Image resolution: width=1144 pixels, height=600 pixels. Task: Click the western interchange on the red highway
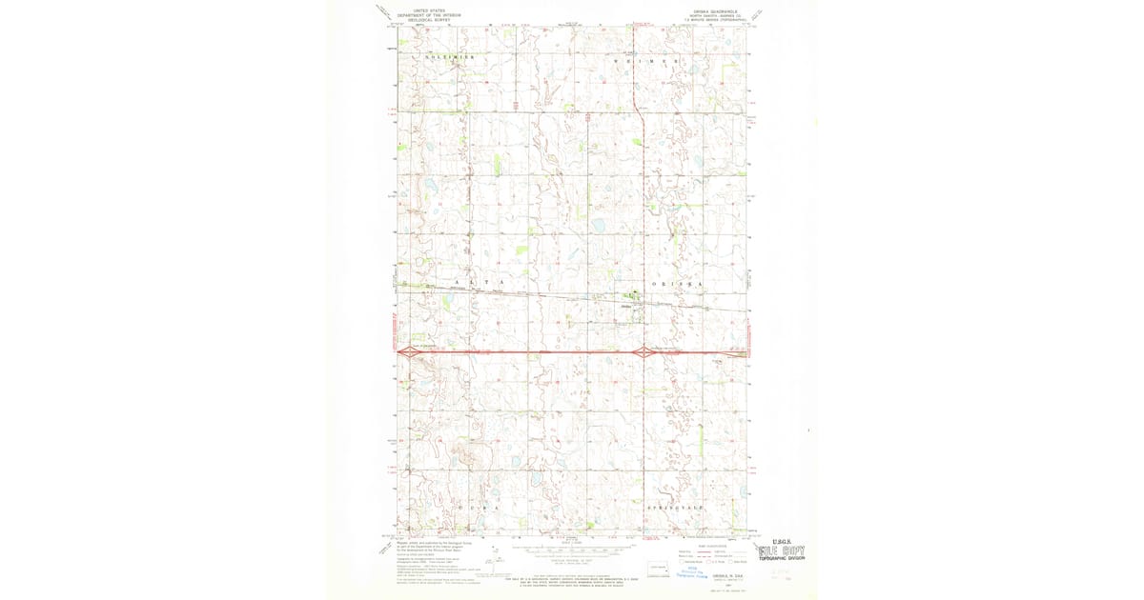point(408,352)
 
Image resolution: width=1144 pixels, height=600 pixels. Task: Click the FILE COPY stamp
point(781,551)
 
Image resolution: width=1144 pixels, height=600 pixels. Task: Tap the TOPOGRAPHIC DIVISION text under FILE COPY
point(781,561)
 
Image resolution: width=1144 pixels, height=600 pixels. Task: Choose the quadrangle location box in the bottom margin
point(657,569)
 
